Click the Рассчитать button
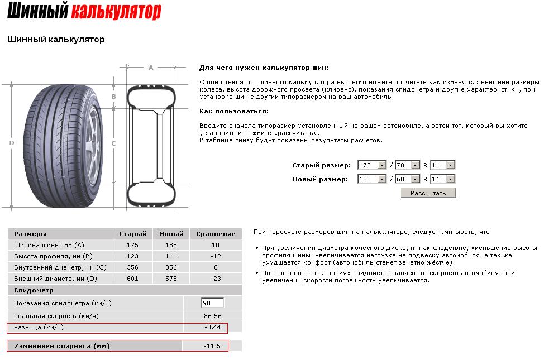coord(428,193)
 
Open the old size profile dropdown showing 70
coord(407,165)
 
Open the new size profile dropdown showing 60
coord(407,179)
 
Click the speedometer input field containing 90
coord(212,303)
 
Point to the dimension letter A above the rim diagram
coord(151,68)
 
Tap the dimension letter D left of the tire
coord(12,143)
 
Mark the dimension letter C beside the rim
coord(114,143)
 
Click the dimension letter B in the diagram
coord(114,97)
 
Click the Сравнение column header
coord(216,234)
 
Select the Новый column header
coord(171,234)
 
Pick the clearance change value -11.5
coord(212,346)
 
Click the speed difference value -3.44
coord(212,327)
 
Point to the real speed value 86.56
coord(212,316)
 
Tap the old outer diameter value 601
coord(133,279)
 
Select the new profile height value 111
coord(171,256)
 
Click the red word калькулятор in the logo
coord(116,11)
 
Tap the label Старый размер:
coord(321,166)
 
